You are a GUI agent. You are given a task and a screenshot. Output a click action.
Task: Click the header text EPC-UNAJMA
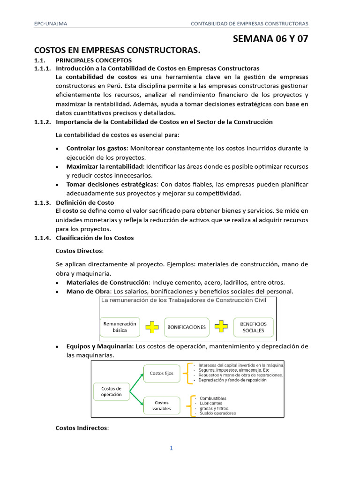[x=51, y=24]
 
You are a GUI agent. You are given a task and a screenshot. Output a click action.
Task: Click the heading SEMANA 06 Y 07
[x=270, y=39]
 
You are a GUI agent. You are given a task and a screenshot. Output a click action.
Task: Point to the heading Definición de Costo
[x=85, y=202]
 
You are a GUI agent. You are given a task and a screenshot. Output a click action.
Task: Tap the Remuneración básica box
[x=120, y=327]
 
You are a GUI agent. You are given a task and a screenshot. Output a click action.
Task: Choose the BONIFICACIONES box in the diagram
[x=187, y=327]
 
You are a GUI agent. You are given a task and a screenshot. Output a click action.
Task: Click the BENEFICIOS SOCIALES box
[x=253, y=327]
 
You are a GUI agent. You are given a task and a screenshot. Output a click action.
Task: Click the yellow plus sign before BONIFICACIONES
[x=152, y=327]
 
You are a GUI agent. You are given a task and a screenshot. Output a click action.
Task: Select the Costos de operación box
[x=111, y=391]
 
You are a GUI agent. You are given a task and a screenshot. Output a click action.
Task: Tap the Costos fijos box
[x=161, y=374]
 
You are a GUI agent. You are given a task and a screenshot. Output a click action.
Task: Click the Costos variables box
[x=161, y=405]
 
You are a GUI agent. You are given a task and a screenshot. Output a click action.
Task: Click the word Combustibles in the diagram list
[x=213, y=398]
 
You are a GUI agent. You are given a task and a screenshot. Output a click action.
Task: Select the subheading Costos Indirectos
[x=82, y=428]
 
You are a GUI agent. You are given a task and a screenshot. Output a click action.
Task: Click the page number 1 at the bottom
[x=172, y=448]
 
